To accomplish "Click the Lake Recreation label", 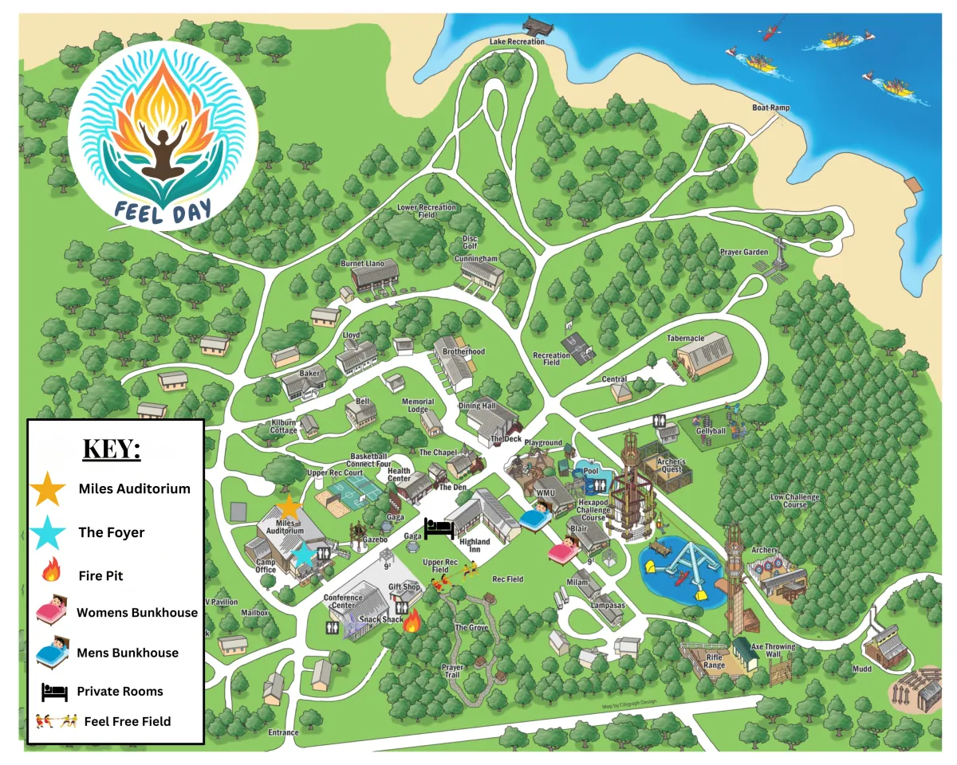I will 518,41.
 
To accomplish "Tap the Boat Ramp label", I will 770,108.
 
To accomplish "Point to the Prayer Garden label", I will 744,253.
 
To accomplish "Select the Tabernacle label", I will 685,338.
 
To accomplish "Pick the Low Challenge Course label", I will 794,500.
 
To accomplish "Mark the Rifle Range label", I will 714,661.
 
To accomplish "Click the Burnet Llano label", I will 364,263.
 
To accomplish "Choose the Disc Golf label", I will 470,242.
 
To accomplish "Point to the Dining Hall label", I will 477,406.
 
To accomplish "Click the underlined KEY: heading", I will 112,449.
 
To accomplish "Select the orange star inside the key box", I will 48,488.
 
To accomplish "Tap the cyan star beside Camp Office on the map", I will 303,553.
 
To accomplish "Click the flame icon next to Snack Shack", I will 412,619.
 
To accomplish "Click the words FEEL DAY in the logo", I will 163,212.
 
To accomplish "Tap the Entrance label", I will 283,732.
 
